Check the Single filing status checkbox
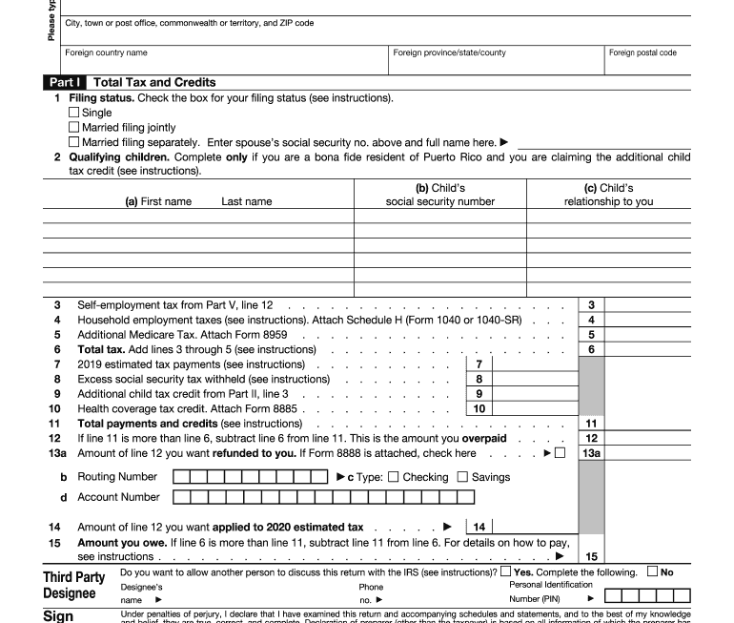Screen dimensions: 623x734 [x=74, y=113]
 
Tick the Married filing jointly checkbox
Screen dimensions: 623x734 [x=74, y=127]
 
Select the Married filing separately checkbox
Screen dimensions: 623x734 [x=74, y=142]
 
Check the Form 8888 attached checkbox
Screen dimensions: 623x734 [x=560, y=453]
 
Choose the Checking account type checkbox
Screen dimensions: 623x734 [x=394, y=477]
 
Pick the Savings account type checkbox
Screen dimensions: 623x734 [x=463, y=477]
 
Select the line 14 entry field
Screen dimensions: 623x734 [x=534, y=527]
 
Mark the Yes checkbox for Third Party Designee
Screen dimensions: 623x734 [x=505, y=572]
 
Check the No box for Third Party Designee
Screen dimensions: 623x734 [x=652, y=572]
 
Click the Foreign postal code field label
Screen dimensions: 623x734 [x=642, y=52]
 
